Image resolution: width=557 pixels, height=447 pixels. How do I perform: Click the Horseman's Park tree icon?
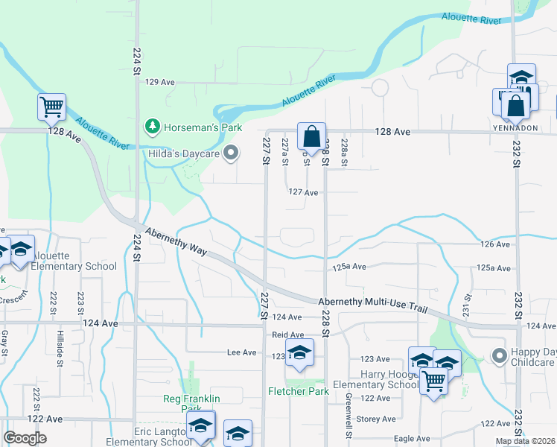coord(153,127)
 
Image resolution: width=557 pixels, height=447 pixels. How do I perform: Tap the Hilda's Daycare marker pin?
coord(231,154)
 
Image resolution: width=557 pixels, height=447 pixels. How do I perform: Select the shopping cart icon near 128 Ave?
coord(51,107)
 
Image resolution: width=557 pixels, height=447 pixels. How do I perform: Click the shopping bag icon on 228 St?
coord(311,137)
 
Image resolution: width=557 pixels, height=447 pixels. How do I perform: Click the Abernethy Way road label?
coord(176,241)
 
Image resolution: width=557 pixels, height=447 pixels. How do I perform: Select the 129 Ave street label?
coord(159,82)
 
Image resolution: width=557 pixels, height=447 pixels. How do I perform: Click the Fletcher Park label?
coord(298,390)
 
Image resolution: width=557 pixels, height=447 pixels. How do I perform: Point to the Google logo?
coord(25,437)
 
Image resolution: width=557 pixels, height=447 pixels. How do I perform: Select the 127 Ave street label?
coord(304,192)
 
